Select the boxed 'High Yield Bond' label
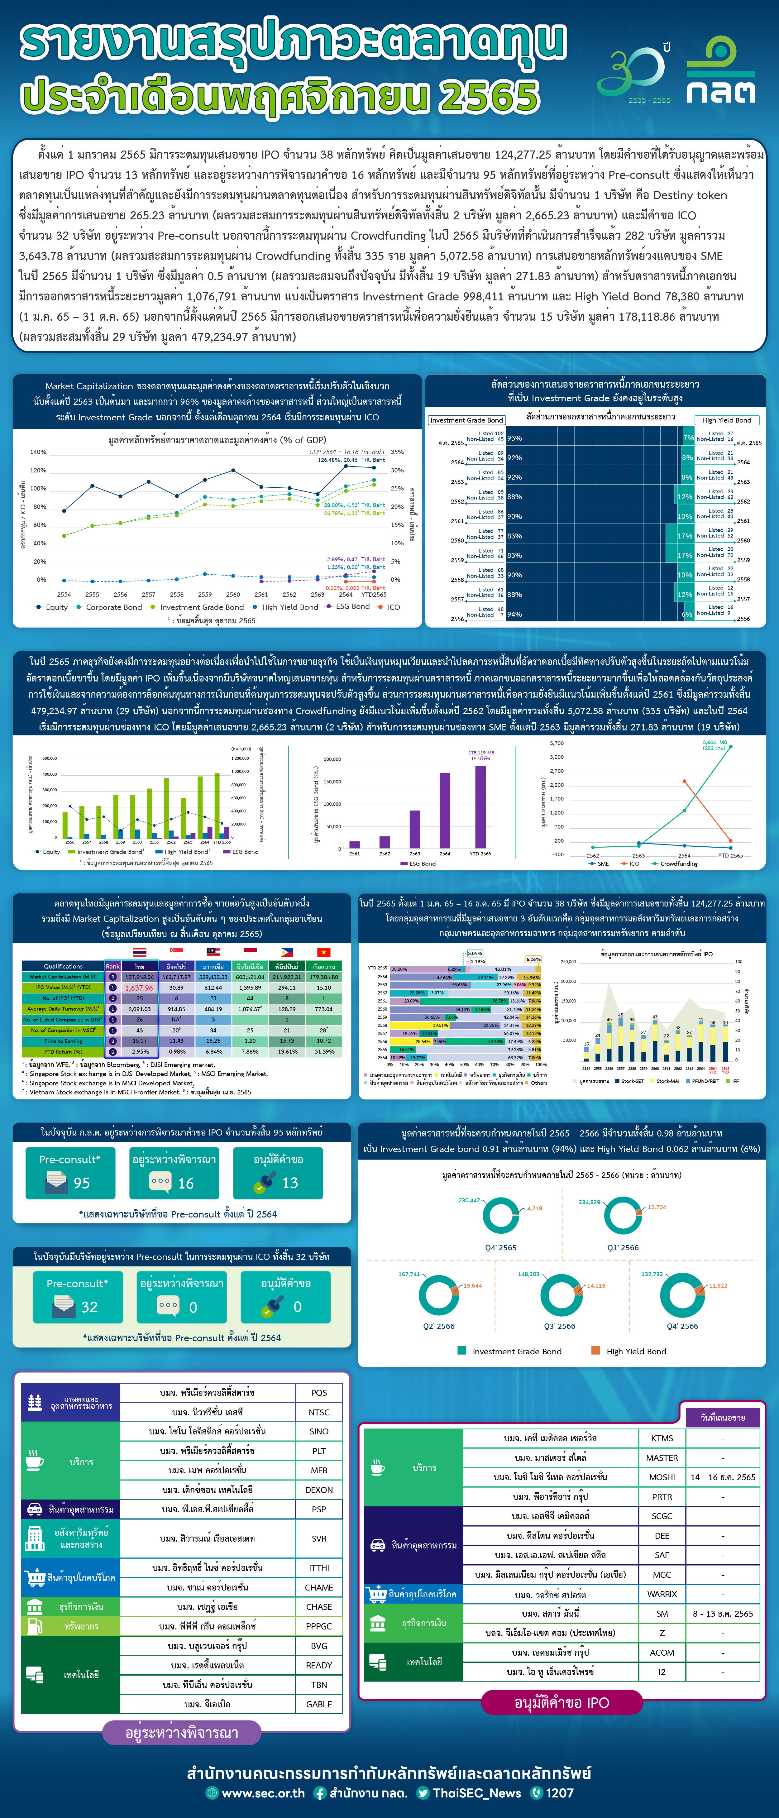click(x=727, y=420)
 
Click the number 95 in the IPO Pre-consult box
click(x=82, y=1183)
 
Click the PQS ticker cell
click(x=319, y=1392)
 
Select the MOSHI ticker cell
click(x=662, y=1477)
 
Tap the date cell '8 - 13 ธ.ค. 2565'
click(x=723, y=1613)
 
